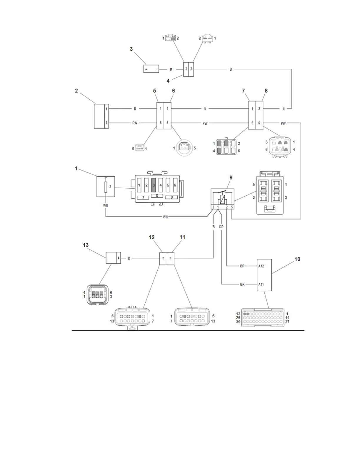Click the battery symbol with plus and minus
coord(151,69)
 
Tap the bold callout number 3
coord(131,49)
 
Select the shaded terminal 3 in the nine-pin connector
coord(153,185)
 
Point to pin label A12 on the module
coord(261,266)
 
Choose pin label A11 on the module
coord(261,284)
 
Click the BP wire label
coord(242,266)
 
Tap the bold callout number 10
coord(297,259)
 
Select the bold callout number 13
coord(86,245)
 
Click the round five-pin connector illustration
coord(184,148)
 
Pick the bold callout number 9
coord(231,178)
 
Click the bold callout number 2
coord(76,91)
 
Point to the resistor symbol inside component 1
coord(106,187)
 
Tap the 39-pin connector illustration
coord(263,318)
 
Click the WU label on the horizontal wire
coord(165,217)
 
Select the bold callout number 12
coord(151,237)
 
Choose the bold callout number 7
coord(243,91)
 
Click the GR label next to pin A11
coord(242,284)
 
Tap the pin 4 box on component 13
coord(118,258)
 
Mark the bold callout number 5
coord(154,91)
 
